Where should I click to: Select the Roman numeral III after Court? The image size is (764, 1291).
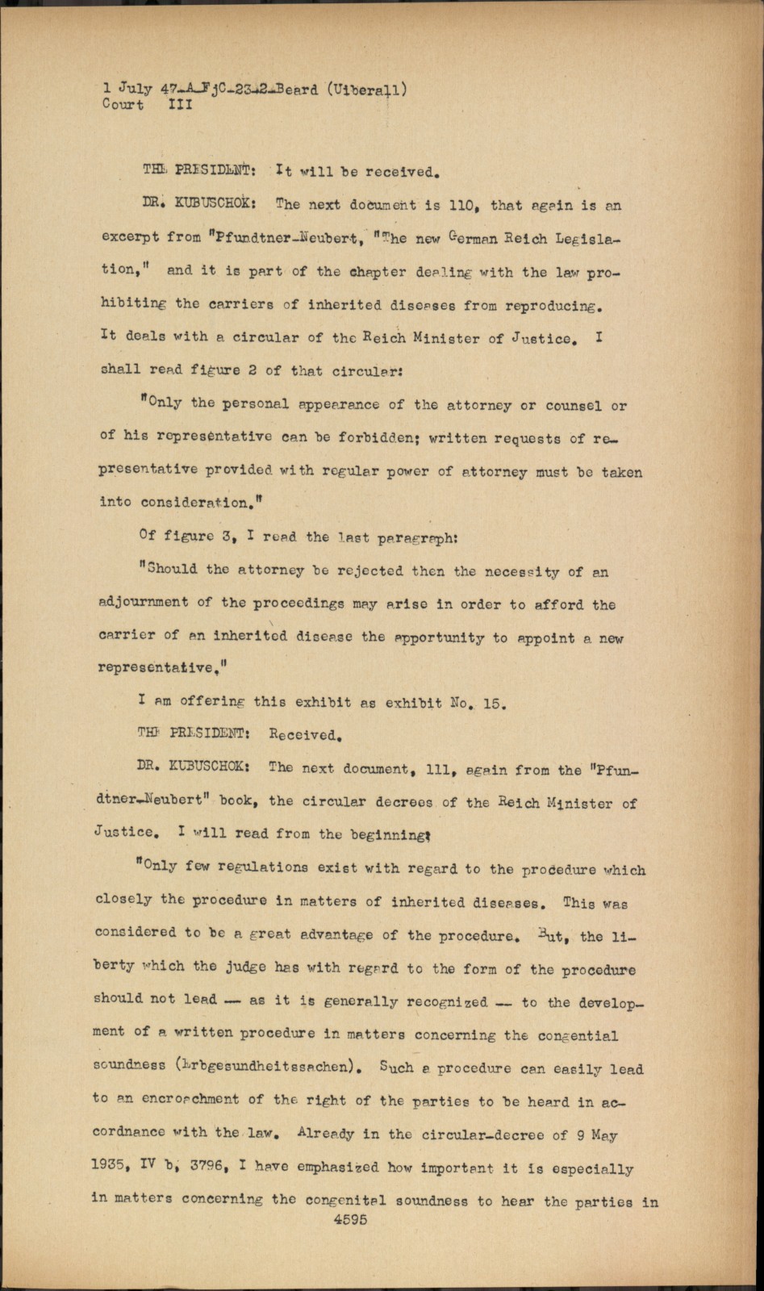pyautogui.click(x=179, y=104)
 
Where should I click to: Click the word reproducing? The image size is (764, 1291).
pyautogui.click(x=553, y=306)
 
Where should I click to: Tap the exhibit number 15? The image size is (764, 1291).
pyautogui.click(x=493, y=702)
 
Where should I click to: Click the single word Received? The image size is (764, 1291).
pyautogui.click(x=307, y=735)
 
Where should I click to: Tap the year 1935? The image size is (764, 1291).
pyautogui.click(x=112, y=1168)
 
